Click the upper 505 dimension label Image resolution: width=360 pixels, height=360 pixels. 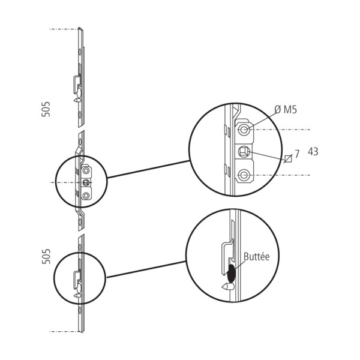click(46, 109)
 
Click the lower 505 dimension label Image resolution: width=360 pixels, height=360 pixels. click(46, 256)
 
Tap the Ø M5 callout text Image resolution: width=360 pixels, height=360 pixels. click(286, 110)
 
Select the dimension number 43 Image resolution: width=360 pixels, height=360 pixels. click(313, 152)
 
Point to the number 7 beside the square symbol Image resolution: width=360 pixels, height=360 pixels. click(298, 154)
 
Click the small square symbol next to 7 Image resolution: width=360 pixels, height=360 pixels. click(289, 158)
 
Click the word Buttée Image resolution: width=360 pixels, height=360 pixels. click(256, 256)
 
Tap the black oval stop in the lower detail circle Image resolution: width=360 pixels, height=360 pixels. click(231, 273)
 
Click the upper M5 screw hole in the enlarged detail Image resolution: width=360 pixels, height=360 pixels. click(244, 130)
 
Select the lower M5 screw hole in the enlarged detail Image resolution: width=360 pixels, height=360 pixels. click(244, 175)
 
